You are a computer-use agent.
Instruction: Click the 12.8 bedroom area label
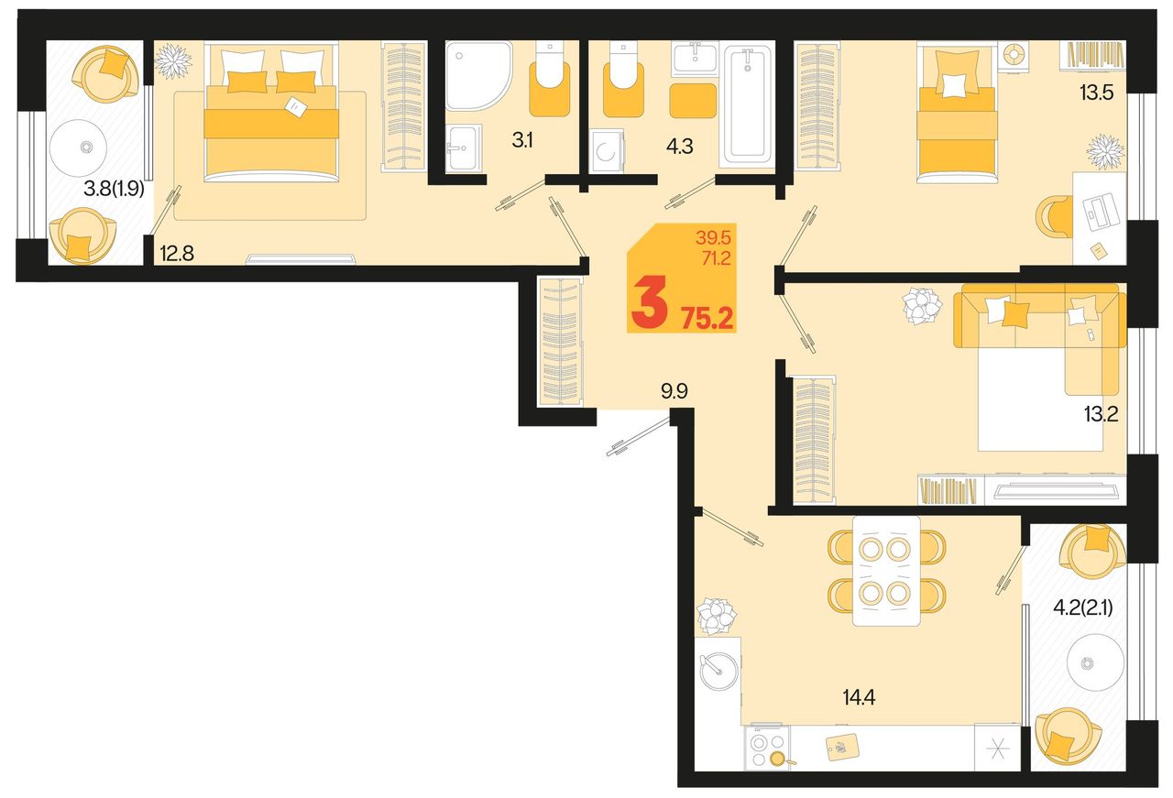tap(177, 254)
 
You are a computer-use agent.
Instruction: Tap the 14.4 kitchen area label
tap(859, 697)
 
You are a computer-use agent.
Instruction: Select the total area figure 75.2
tap(707, 318)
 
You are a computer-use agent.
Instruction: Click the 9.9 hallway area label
tap(674, 391)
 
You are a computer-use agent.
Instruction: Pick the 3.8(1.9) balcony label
tap(114, 189)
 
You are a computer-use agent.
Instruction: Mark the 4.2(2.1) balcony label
tap(1083, 608)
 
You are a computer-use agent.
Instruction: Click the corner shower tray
tap(477, 75)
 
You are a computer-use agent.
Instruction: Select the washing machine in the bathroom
tap(607, 151)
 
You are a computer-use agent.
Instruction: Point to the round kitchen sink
tap(719, 672)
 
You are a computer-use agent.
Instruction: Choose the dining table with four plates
tap(886, 572)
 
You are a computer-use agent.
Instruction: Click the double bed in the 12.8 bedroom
tap(271, 112)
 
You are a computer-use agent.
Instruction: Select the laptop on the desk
tap(1101, 212)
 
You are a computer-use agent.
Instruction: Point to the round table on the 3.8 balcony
tap(79, 148)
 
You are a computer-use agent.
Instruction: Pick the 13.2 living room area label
tap(1101, 415)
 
